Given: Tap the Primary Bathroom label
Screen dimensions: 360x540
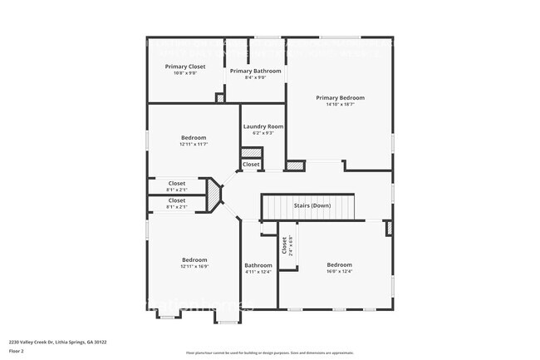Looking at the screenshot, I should (256, 72).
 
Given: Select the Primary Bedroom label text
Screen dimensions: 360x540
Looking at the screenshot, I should (340, 98).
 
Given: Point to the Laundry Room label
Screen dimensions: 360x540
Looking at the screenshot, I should (263, 126).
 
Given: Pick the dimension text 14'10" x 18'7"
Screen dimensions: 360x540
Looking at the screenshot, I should (340, 105).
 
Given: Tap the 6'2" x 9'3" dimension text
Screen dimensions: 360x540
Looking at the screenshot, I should (263, 133).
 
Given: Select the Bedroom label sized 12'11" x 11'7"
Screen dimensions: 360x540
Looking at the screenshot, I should (194, 137).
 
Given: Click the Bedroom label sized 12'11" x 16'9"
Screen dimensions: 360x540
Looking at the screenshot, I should (194, 259).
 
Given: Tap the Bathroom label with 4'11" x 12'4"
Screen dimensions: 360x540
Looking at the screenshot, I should (258, 265).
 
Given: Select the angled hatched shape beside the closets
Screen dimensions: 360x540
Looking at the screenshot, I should (215, 195).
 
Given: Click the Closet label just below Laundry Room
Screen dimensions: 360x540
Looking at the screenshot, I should (251, 165).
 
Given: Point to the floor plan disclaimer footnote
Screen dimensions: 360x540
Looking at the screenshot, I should (269, 353).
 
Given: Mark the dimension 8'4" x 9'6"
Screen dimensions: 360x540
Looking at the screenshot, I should (256, 78).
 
